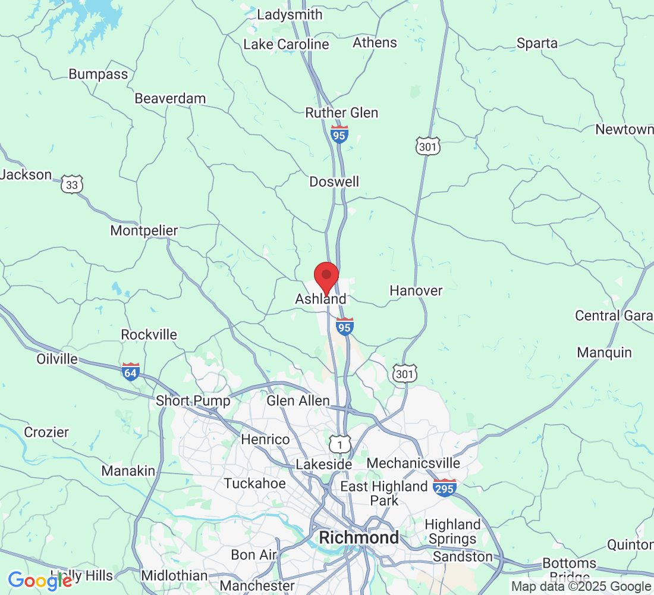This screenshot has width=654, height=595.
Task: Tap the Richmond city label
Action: [x=359, y=537]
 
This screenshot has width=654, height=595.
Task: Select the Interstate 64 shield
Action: [x=130, y=371]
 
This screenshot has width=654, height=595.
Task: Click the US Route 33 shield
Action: [x=72, y=184]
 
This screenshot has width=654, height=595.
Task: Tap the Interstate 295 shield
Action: [x=445, y=488]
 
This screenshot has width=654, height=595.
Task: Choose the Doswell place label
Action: [x=334, y=181]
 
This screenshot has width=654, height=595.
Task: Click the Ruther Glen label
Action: [x=341, y=112]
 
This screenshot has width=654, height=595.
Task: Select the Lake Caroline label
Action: [x=286, y=44]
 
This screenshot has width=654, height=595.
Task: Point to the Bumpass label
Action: [x=98, y=74]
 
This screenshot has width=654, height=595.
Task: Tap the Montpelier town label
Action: [x=144, y=230]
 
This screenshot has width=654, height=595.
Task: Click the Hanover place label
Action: [x=416, y=290]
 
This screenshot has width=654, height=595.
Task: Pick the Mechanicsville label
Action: [x=414, y=463]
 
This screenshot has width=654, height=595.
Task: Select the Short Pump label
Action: [x=193, y=401]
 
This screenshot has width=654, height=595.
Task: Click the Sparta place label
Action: [x=537, y=43]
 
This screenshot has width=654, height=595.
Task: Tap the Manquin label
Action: [x=604, y=352]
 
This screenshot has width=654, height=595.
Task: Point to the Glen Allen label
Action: [x=298, y=401]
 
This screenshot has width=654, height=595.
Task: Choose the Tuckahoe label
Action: [x=254, y=483]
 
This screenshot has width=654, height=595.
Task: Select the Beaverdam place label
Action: [x=170, y=98]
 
